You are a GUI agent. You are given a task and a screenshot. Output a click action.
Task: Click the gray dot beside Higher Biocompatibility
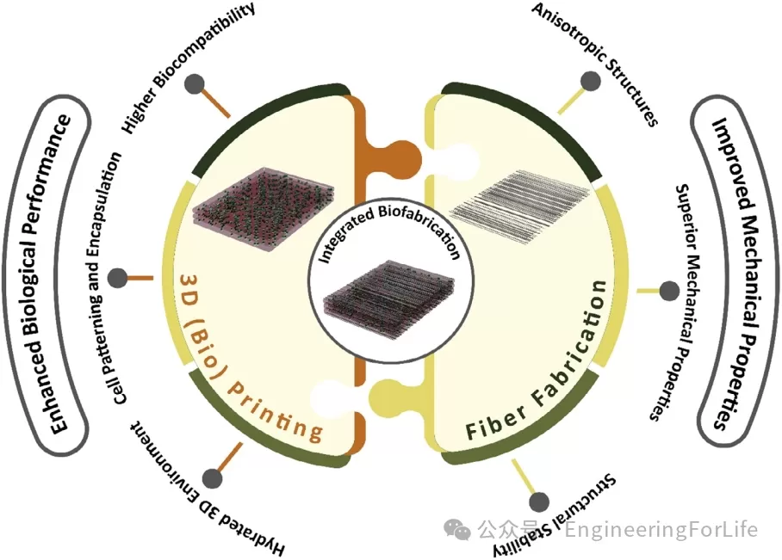195,84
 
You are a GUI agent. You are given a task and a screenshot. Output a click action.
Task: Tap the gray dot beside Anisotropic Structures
590,81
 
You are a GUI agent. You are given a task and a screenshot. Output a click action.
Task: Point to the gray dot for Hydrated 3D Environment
209,477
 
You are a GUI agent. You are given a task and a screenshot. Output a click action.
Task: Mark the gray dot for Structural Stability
539,502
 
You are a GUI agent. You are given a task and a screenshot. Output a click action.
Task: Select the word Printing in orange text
276,413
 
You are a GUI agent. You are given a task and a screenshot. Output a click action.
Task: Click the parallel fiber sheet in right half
522,200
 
